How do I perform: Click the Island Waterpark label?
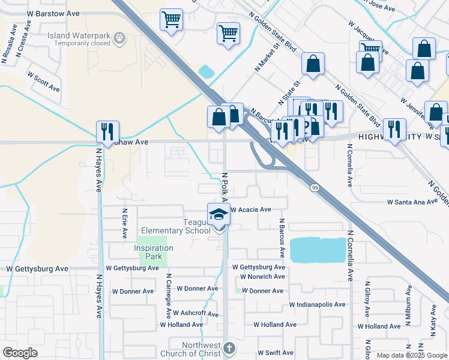pos(79,35)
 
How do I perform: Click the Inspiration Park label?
pos(154,248)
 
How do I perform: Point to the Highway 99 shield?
pos(315,188)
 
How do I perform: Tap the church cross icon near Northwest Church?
pos(229,348)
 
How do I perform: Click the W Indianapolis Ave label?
pos(316,305)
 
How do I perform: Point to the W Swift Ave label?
pos(276,353)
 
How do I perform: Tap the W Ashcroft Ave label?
pos(196,313)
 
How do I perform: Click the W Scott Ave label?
pos(44,82)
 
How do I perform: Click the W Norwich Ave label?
pos(262,277)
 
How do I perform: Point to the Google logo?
pos(20,353)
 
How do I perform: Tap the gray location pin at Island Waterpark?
pos(120,38)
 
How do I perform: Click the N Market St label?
pos(268,56)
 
